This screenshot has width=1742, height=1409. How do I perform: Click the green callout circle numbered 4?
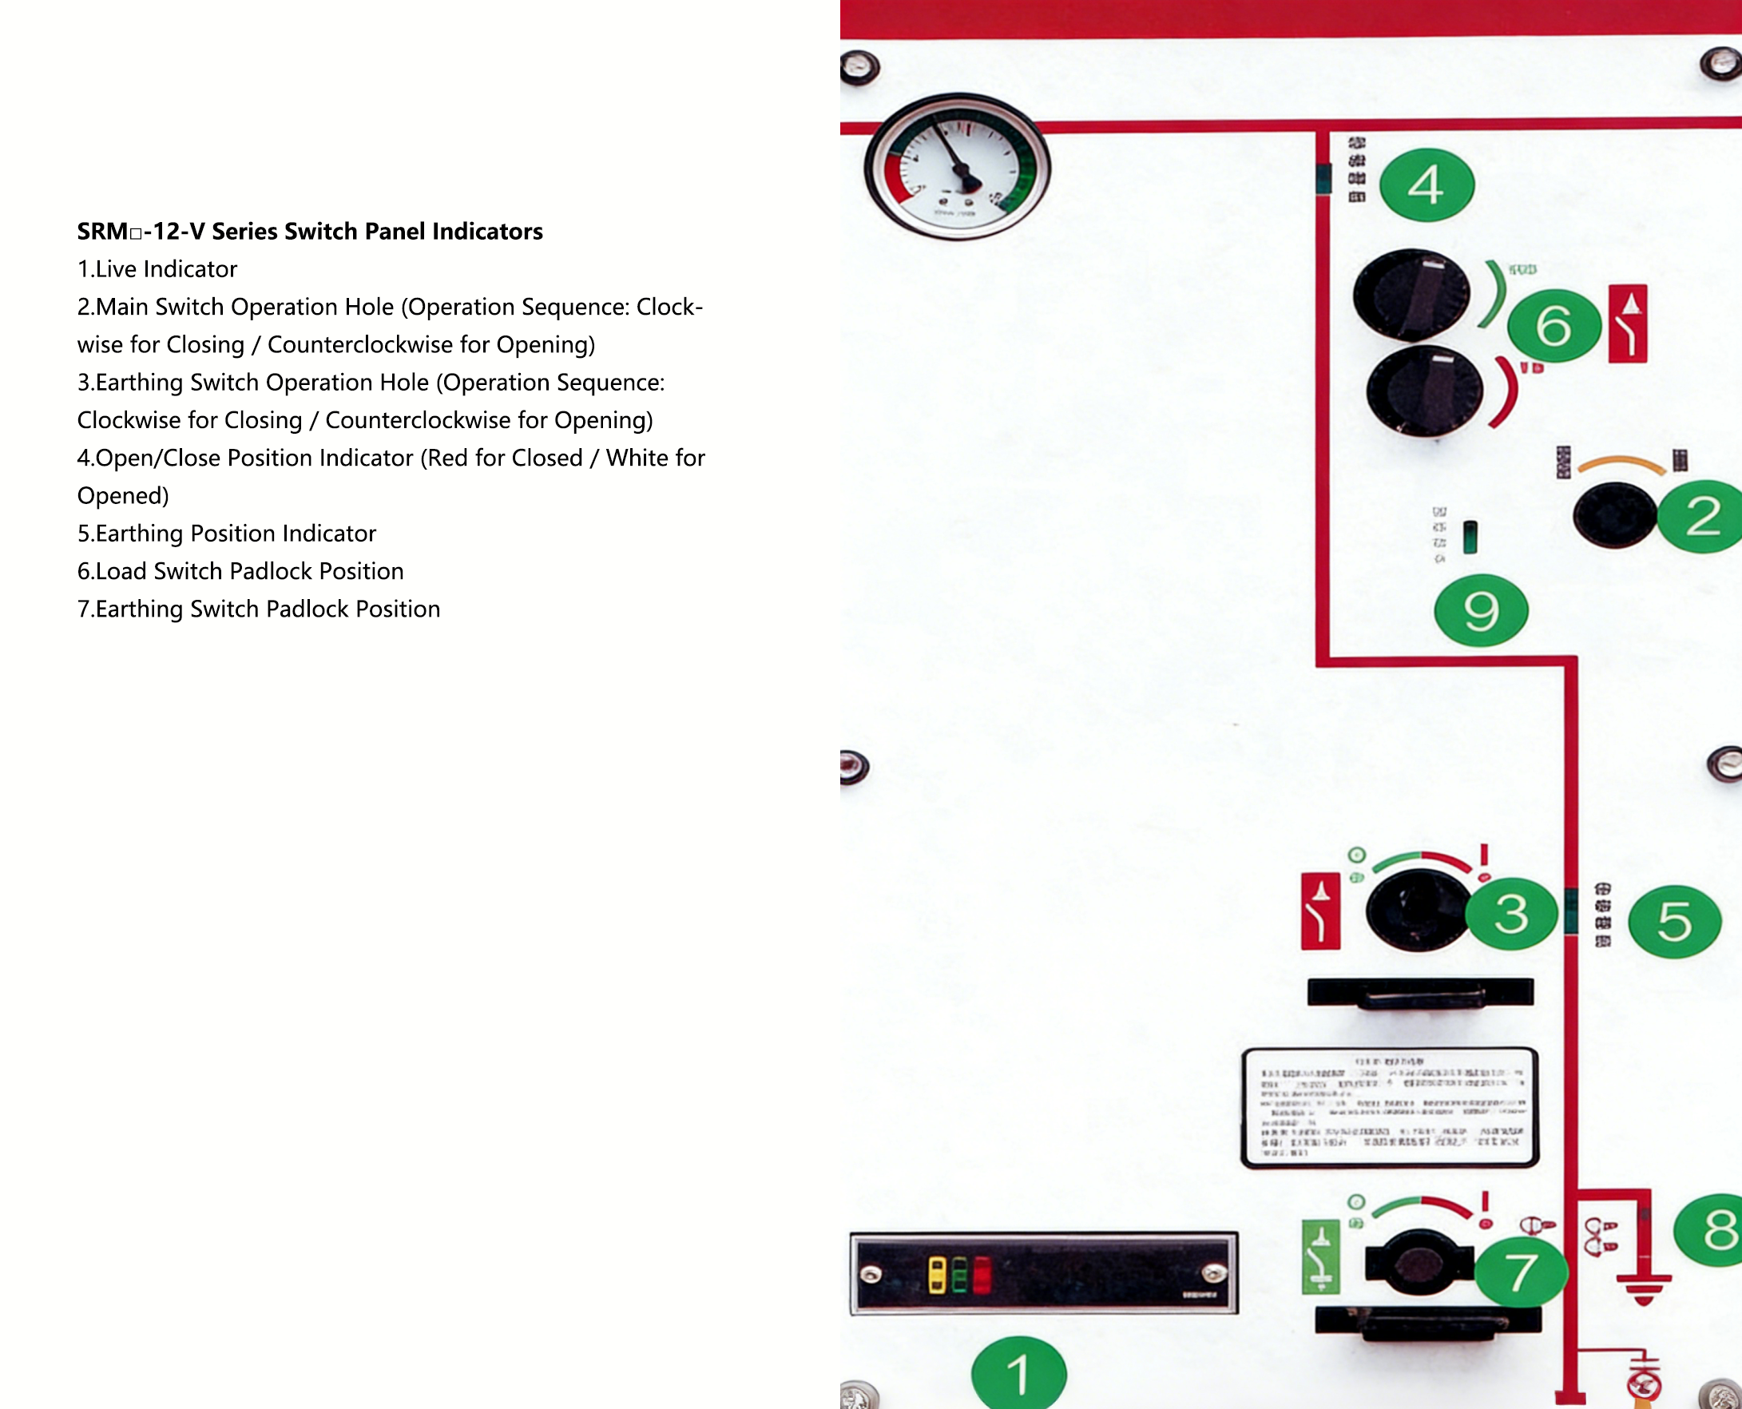(1427, 185)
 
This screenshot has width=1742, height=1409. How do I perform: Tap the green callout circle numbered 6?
(1554, 325)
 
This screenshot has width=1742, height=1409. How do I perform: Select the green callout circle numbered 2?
(1702, 517)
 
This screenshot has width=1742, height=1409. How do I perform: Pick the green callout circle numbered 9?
(1481, 610)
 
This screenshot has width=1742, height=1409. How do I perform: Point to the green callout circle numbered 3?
(1511, 914)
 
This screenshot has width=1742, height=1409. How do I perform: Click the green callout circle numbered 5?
(1675, 921)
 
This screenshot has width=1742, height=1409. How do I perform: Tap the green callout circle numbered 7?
(1521, 1272)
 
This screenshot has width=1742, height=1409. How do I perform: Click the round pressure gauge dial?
(957, 166)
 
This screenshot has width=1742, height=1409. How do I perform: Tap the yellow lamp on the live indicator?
(937, 1275)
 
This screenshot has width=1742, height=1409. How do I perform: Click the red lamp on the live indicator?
(982, 1275)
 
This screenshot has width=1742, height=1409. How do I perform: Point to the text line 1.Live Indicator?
(157, 269)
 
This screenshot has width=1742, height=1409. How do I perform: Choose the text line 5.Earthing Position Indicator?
(227, 534)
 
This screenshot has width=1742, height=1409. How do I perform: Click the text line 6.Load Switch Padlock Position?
(240, 571)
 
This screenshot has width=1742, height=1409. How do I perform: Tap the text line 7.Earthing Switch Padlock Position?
(259, 609)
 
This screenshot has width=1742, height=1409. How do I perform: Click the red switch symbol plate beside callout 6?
(1628, 323)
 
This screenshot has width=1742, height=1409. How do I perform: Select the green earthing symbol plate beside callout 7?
(1321, 1256)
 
